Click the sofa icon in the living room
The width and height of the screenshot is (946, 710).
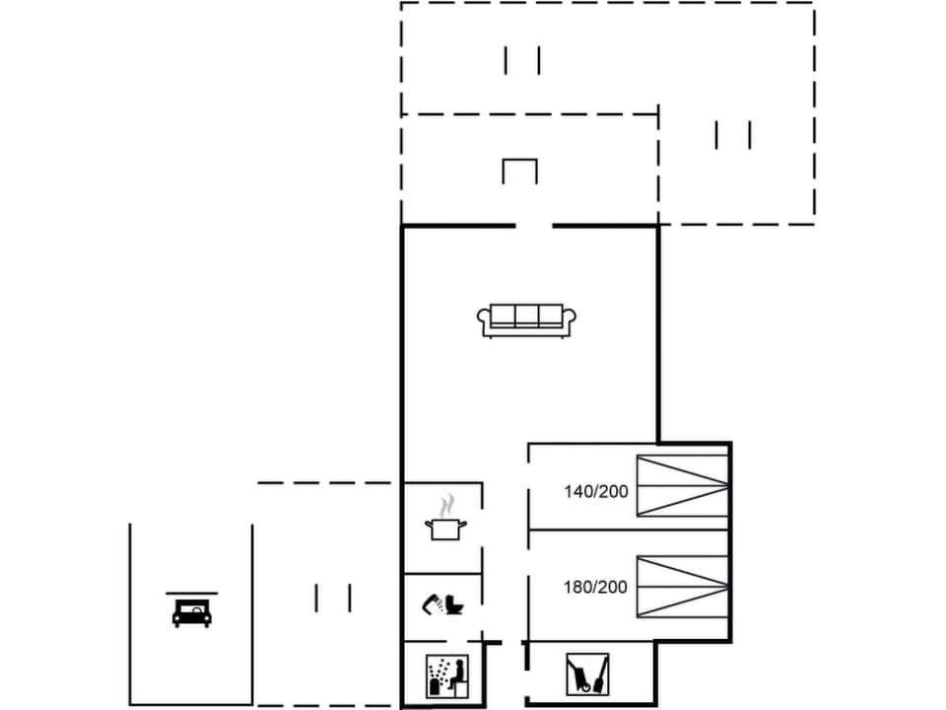pos(526,319)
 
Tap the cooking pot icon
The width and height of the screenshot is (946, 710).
pos(444,528)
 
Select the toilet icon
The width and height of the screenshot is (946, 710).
pos(454,603)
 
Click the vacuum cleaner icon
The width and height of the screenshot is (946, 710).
pos(586,674)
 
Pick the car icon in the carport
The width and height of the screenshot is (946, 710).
pos(192,613)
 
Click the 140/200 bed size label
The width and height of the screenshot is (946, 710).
pos(595,490)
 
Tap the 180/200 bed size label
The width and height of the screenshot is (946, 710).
pos(595,587)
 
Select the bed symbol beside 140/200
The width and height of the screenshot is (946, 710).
pos(682,485)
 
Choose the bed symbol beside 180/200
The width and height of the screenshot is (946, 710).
pos(682,587)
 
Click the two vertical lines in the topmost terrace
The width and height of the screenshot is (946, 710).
pos(522,61)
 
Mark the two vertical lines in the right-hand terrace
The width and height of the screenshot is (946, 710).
pos(733,134)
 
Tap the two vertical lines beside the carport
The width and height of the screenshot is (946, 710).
pos(333,598)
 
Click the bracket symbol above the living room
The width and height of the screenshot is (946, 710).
pos(519,170)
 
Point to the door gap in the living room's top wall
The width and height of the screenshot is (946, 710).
pos(533,227)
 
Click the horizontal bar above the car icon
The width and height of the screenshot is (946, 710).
pos(192,594)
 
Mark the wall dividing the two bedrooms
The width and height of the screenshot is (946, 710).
pos(629,531)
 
